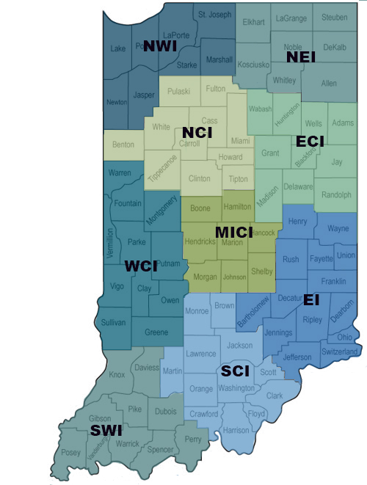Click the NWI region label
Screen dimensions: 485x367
point(160,46)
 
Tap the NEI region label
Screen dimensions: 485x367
point(301,57)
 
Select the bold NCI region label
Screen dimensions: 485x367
point(197,132)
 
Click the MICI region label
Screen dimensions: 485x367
point(233,233)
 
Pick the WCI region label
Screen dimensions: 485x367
point(142,266)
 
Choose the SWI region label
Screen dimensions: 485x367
point(106,430)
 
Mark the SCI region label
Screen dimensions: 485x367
point(236,372)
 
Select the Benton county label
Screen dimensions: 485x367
point(123,145)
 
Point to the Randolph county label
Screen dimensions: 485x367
point(337,196)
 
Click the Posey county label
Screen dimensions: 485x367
point(71,452)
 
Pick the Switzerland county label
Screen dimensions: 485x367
point(340,352)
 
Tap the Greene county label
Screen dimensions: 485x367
point(156,332)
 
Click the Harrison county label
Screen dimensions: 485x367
point(236,430)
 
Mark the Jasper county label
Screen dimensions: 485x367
point(144,95)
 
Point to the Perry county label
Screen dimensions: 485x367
point(193,439)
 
